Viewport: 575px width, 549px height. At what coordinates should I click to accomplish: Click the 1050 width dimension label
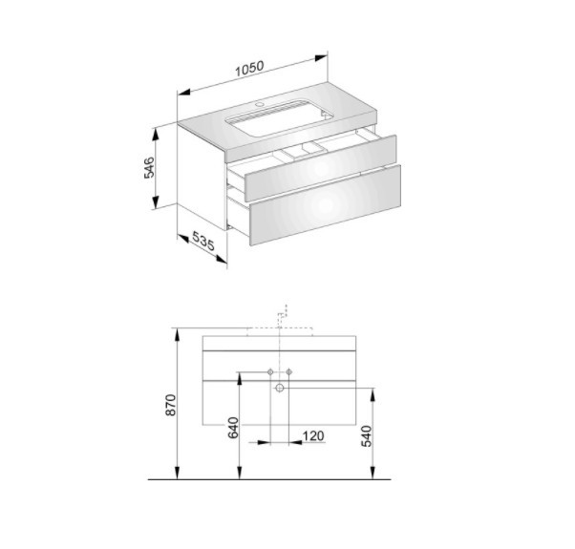(x=249, y=69)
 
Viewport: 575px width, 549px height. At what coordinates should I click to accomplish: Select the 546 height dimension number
(x=149, y=167)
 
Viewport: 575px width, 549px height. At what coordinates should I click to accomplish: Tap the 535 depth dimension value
(x=203, y=242)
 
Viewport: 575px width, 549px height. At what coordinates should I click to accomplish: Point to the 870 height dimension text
(x=171, y=405)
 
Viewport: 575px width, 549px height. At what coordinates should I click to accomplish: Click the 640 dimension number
(x=233, y=428)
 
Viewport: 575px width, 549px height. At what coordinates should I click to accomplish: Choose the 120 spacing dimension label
(x=313, y=435)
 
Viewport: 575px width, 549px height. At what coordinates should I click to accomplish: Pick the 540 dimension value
(x=367, y=436)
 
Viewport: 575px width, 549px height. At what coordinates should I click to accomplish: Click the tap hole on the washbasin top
(x=261, y=104)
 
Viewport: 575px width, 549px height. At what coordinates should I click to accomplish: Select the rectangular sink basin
(x=280, y=117)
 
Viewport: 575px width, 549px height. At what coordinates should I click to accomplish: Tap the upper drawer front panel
(x=321, y=168)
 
